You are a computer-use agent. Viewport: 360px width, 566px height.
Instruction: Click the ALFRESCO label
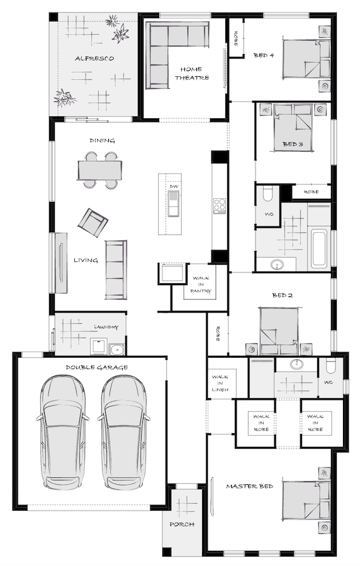(x=94, y=58)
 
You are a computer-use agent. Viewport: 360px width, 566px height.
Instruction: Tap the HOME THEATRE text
(x=192, y=74)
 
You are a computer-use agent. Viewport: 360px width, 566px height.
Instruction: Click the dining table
(x=99, y=170)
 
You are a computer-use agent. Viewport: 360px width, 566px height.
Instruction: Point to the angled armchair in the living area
(x=93, y=223)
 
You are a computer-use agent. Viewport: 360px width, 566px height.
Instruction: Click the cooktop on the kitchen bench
(x=219, y=206)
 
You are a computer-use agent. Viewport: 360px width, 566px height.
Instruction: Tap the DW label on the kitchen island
(x=174, y=187)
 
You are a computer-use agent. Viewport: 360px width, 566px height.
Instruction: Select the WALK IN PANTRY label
(x=201, y=284)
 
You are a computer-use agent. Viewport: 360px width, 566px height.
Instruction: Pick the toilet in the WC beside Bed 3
(x=269, y=194)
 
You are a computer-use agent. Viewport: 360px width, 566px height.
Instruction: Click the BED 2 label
(x=282, y=296)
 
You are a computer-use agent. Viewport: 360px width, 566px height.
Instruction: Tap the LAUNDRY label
(x=106, y=327)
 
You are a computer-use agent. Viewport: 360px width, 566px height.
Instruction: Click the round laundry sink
(x=116, y=349)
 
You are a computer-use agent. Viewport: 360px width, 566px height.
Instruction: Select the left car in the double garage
(x=62, y=432)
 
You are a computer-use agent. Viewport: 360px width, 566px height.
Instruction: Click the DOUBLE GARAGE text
(x=97, y=367)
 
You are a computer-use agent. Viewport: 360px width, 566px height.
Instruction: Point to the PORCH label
(x=182, y=524)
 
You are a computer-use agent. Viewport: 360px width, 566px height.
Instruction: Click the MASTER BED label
(x=249, y=486)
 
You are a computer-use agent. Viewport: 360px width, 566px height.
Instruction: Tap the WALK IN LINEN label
(x=220, y=384)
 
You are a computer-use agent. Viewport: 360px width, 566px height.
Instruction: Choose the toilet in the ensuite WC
(x=330, y=367)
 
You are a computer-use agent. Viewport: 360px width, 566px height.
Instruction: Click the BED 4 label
(x=264, y=55)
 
